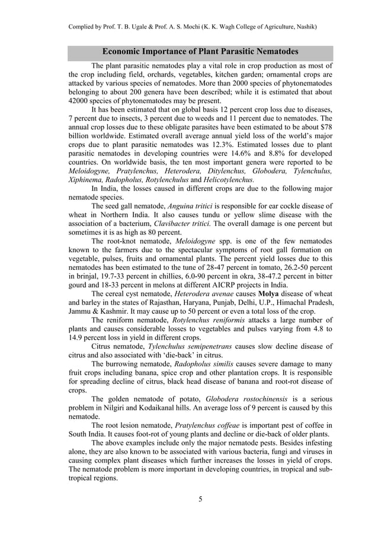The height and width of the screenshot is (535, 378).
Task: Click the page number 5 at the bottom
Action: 200,498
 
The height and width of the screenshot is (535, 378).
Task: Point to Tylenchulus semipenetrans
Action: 191,345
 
